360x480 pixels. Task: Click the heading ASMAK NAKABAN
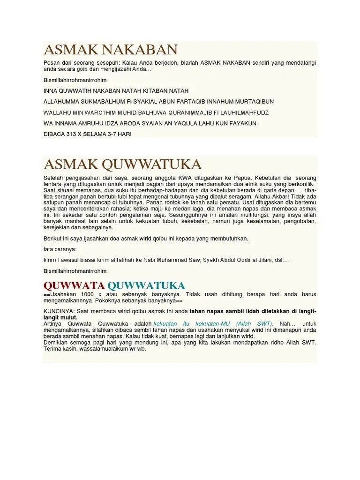[111, 50]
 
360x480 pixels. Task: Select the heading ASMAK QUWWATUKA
[122, 165]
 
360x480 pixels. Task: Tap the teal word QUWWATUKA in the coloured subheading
[146, 285]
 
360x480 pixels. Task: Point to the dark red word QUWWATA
[74, 285]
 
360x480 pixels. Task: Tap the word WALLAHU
[56, 112]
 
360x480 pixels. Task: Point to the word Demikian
[55, 342]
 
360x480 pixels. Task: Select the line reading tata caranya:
[60, 249]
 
